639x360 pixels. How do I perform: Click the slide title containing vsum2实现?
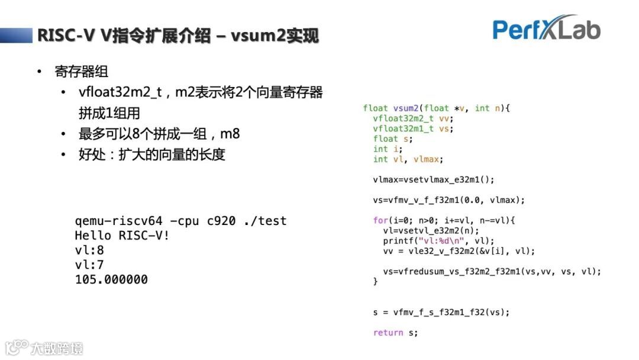pos(177,36)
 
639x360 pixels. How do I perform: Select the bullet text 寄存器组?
pos(82,72)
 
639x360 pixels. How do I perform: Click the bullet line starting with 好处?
pos(152,155)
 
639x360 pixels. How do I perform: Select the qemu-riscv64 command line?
pos(180,221)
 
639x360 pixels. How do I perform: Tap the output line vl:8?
pos(89,250)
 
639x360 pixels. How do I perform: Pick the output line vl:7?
pos(89,265)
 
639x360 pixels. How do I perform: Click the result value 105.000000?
pos(111,279)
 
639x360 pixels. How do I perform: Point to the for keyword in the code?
pos(380,220)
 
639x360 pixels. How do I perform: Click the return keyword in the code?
pos(388,333)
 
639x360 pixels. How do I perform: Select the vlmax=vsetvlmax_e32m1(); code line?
pos(433,179)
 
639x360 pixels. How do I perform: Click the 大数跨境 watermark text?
pos(57,348)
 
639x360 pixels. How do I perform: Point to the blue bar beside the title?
pos(16,35)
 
